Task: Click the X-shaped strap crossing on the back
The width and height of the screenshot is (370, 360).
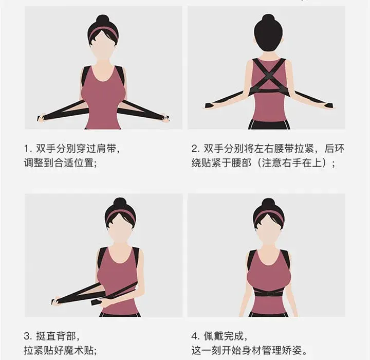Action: [269, 75]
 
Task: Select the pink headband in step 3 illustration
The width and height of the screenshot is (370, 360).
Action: [120, 218]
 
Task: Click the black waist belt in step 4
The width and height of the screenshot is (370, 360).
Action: [268, 293]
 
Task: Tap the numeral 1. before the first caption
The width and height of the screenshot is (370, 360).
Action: [28, 149]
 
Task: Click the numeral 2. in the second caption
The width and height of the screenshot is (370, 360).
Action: [196, 149]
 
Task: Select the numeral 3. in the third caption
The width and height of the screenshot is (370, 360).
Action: [28, 336]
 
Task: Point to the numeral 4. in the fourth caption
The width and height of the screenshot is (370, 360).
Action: [196, 336]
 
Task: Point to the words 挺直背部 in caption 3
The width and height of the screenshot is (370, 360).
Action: [55, 336]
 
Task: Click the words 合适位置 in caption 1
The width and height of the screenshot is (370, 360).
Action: [74, 163]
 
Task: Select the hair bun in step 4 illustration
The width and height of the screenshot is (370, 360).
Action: [268, 203]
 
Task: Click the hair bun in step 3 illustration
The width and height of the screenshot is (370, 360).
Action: [120, 203]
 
